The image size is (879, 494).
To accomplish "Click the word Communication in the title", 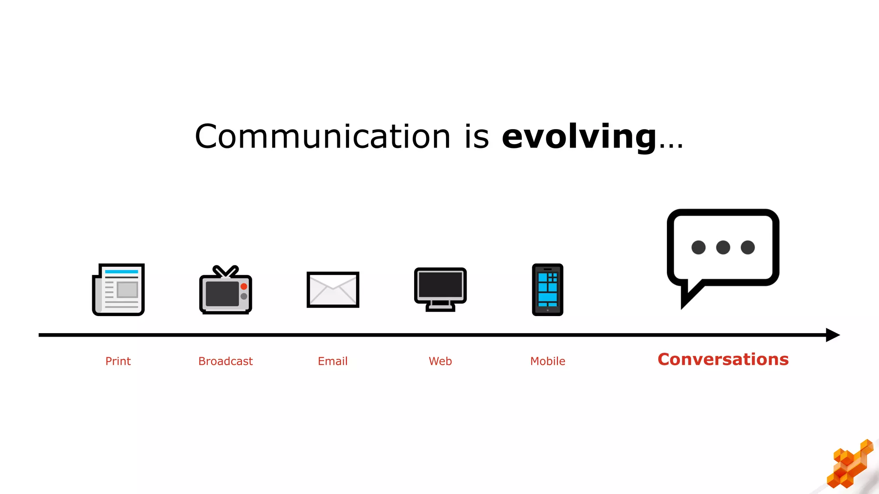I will (x=322, y=136).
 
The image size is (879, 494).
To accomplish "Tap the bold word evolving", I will (x=579, y=136).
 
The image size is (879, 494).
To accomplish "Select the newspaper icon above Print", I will (x=118, y=289).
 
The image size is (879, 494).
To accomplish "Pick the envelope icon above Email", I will (x=333, y=289).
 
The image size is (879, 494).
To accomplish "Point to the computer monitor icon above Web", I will (x=440, y=289).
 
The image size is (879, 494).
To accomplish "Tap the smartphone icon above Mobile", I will (x=547, y=289).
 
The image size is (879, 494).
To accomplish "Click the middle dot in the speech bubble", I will (x=723, y=247).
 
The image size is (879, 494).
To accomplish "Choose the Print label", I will (x=118, y=361).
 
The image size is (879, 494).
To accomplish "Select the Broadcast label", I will (x=225, y=361).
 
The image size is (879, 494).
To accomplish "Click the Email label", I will (x=333, y=361).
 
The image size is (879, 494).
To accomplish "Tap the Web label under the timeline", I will (x=440, y=361).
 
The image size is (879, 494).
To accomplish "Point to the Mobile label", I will (x=548, y=361).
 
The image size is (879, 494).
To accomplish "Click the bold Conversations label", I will (x=723, y=359).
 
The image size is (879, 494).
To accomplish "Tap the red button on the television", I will (x=244, y=286).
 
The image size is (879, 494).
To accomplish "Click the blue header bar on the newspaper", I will (x=121, y=271).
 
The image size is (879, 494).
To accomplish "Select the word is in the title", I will (x=476, y=136).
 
